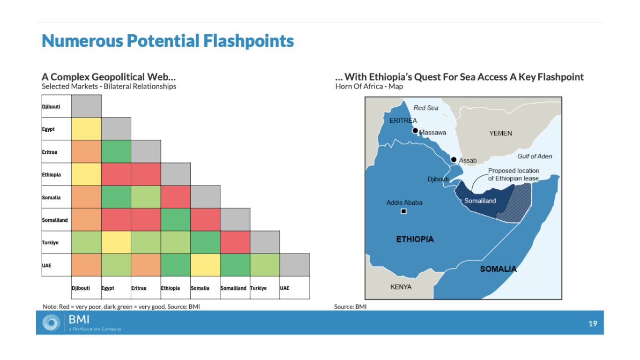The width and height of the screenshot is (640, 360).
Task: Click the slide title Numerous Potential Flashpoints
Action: [168, 41]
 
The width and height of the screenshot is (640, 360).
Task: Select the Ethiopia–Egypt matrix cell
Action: [116, 174]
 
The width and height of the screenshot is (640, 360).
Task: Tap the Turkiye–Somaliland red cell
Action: [235, 242]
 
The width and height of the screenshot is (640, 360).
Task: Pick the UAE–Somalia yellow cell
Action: [205, 265]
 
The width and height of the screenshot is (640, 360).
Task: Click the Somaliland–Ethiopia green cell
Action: [175, 220]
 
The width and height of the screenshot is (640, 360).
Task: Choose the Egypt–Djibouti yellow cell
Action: [86, 129]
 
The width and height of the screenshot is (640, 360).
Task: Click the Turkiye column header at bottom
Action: [258, 288]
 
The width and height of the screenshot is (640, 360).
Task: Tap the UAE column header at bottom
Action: [284, 288]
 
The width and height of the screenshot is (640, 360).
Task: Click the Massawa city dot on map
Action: [415, 131]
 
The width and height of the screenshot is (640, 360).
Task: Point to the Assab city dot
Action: [454, 160]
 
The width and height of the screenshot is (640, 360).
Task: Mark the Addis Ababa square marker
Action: [404, 211]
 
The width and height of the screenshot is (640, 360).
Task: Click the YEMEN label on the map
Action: [500, 133]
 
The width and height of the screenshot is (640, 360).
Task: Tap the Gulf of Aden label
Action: [535, 156]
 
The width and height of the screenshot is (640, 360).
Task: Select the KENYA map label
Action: [401, 287]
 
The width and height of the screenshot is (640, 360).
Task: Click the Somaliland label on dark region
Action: [480, 201]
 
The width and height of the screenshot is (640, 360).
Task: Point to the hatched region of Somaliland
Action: [515, 202]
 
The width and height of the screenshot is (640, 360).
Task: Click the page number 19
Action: [593, 323]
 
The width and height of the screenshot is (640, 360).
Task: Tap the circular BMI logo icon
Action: [51, 322]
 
